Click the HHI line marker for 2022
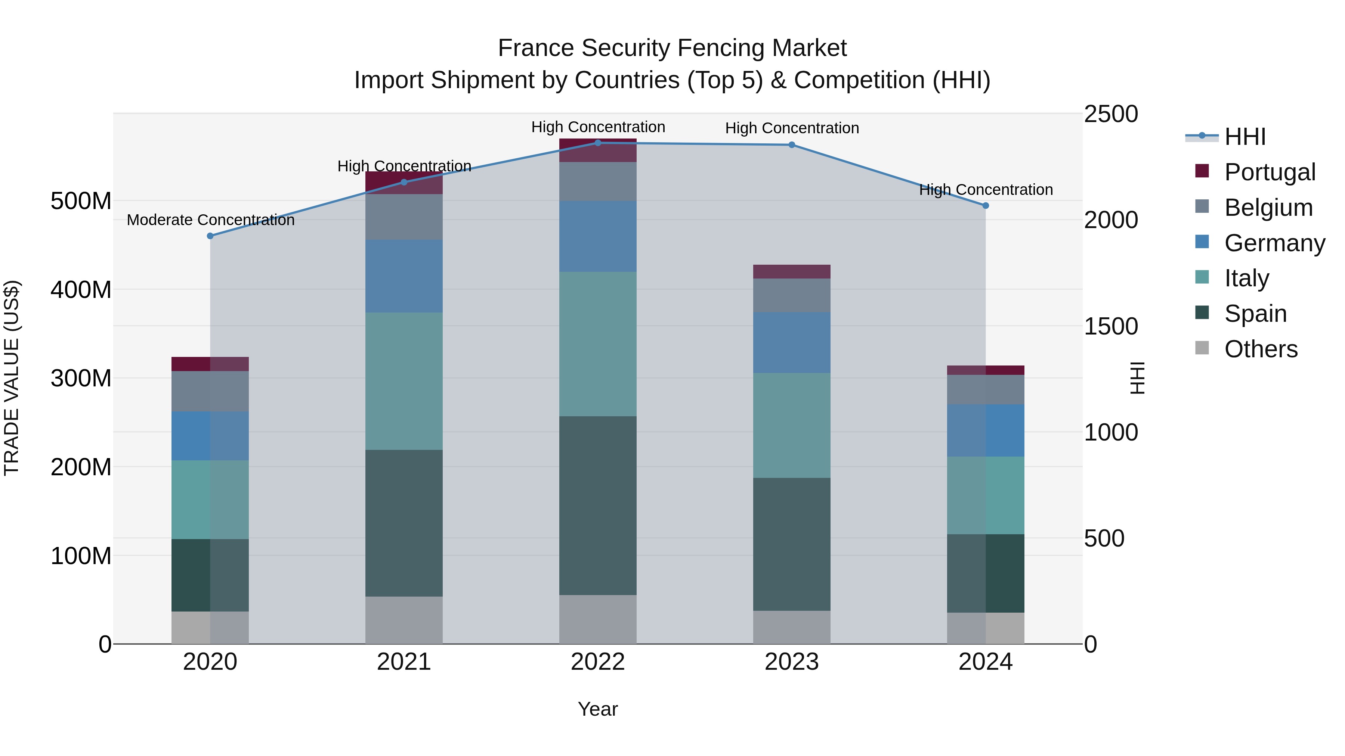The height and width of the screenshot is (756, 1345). pyautogui.click(x=598, y=143)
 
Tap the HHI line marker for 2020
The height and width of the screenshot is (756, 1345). pyautogui.click(x=210, y=236)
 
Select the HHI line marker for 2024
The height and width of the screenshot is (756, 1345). pyautogui.click(x=985, y=206)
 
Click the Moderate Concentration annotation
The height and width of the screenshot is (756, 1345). pyautogui.click(x=210, y=220)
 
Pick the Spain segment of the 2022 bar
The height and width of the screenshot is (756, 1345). pyautogui.click(x=598, y=505)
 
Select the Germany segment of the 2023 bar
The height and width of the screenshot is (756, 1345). pyautogui.click(x=792, y=342)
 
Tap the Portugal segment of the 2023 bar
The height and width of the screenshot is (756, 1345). pyautogui.click(x=792, y=271)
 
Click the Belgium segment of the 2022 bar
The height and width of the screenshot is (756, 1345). pyautogui.click(x=598, y=181)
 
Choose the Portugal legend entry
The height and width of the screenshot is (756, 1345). pyautogui.click(x=1269, y=172)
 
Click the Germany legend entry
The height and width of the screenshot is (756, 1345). pyautogui.click(x=1274, y=243)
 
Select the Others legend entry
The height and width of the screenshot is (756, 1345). pyautogui.click(x=1261, y=349)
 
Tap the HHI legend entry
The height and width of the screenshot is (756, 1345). pyautogui.click(x=1245, y=137)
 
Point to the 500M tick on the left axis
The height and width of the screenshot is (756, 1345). pyautogui.click(x=81, y=201)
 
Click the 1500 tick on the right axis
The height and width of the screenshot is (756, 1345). pyautogui.click(x=1111, y=327)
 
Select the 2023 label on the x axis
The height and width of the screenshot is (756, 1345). pyautogui.click(x=792, y=662)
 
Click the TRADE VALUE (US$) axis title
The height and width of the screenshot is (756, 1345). pyautogui.click(x=12, y=378)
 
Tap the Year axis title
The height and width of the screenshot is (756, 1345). pyautogui.click(x=598, y=709)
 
